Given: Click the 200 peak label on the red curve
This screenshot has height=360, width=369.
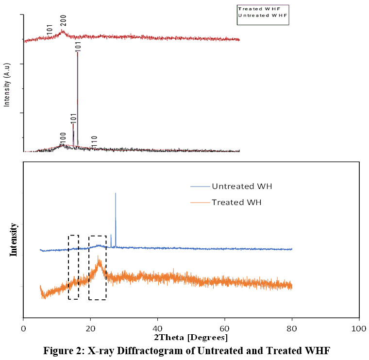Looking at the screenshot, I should (x=63, y=21).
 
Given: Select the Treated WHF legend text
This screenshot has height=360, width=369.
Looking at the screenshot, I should (x=259, y=8).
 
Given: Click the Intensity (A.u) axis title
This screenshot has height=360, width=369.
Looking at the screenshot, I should (x=7, y=84).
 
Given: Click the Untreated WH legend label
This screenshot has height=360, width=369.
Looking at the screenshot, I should (x=236, y=186).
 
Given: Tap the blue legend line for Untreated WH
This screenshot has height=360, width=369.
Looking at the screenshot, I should (x=200, y=186).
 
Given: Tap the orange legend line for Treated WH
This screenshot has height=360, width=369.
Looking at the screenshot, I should (x=200, y=202).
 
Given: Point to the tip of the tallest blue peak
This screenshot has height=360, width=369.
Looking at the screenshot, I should (x=116, y=193).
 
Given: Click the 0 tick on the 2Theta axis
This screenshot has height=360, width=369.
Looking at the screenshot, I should (x=23, y=328).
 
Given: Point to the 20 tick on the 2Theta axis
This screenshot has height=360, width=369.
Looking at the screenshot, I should (x=90, y=328).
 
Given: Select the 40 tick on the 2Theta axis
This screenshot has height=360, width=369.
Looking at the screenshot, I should (x=157, y=328).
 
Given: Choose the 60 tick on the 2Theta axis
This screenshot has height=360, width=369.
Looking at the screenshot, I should (x=225, y=328).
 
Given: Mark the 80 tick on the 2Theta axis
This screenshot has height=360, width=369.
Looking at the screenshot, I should (x=292, y=328).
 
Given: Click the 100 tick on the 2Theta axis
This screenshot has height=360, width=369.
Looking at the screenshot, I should (x=359, y=328).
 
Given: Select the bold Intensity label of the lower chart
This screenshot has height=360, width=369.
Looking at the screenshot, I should (x=14, y=239).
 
